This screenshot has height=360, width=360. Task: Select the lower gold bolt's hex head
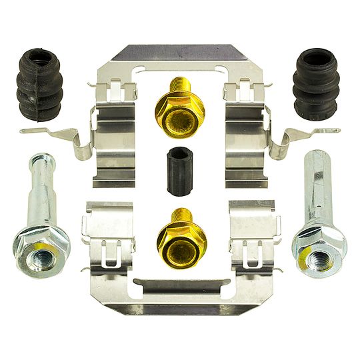coord(180,243)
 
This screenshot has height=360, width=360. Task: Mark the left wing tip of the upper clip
coord(27,131)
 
